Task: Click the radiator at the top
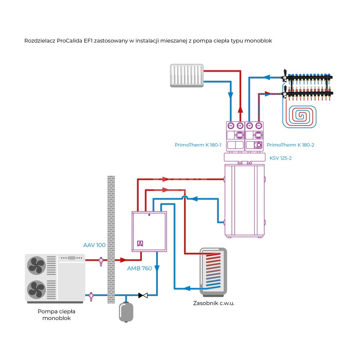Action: pyautogui.click(x=187, y=75)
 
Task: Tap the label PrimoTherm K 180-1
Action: pyautogui.click(x=198, y=145)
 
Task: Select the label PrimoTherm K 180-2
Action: pyautogui.click(x=291, y=145)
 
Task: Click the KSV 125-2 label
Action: pyautogui.click(x=280, y=158)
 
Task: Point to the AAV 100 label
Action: pyautogui.click(x=94, y=245)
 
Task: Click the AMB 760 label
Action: pyautogui.click(x=140, y=268)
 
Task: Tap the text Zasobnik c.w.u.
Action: pyautogui.click(x=214, y=303)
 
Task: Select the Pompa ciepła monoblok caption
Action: pyautogui.click(x=56, y=315)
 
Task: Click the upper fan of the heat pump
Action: pyautogui.click(x=36, y=266)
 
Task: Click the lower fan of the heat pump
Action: pyautogui.click(x=36, y=289)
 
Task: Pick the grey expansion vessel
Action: pyautogui.click(x=126, y=312)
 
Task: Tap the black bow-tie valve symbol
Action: pyautogui.click(x=143, y=296)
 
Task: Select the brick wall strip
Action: pyautogui.click(x=111, y=239)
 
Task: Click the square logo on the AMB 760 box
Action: pyautogui.click(x=140, y=243)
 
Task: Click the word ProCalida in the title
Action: pyautogui.click(x=69, y=41)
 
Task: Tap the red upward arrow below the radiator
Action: pyautogui.click(x=240, y=109)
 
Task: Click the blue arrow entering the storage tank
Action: pyautogui.click(x=187, y=288)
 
